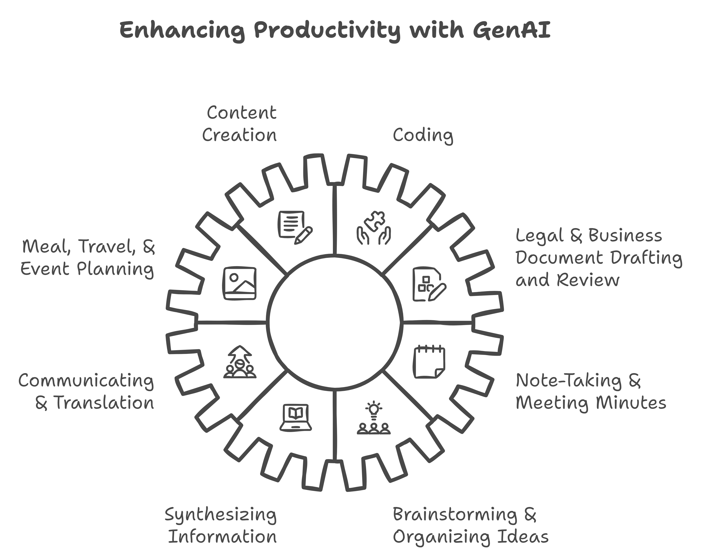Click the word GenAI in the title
pyautogui.click(x=511, y=30)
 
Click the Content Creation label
pyautogui.click(x=240, y=124)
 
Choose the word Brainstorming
pyautogui.click(x=455, y=515)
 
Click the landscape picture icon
pyautogui.click(x=240, y=283)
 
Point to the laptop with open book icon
pyautogui.click(x=296, y=418)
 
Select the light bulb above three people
pyautogui.click(x=374, y=409)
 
